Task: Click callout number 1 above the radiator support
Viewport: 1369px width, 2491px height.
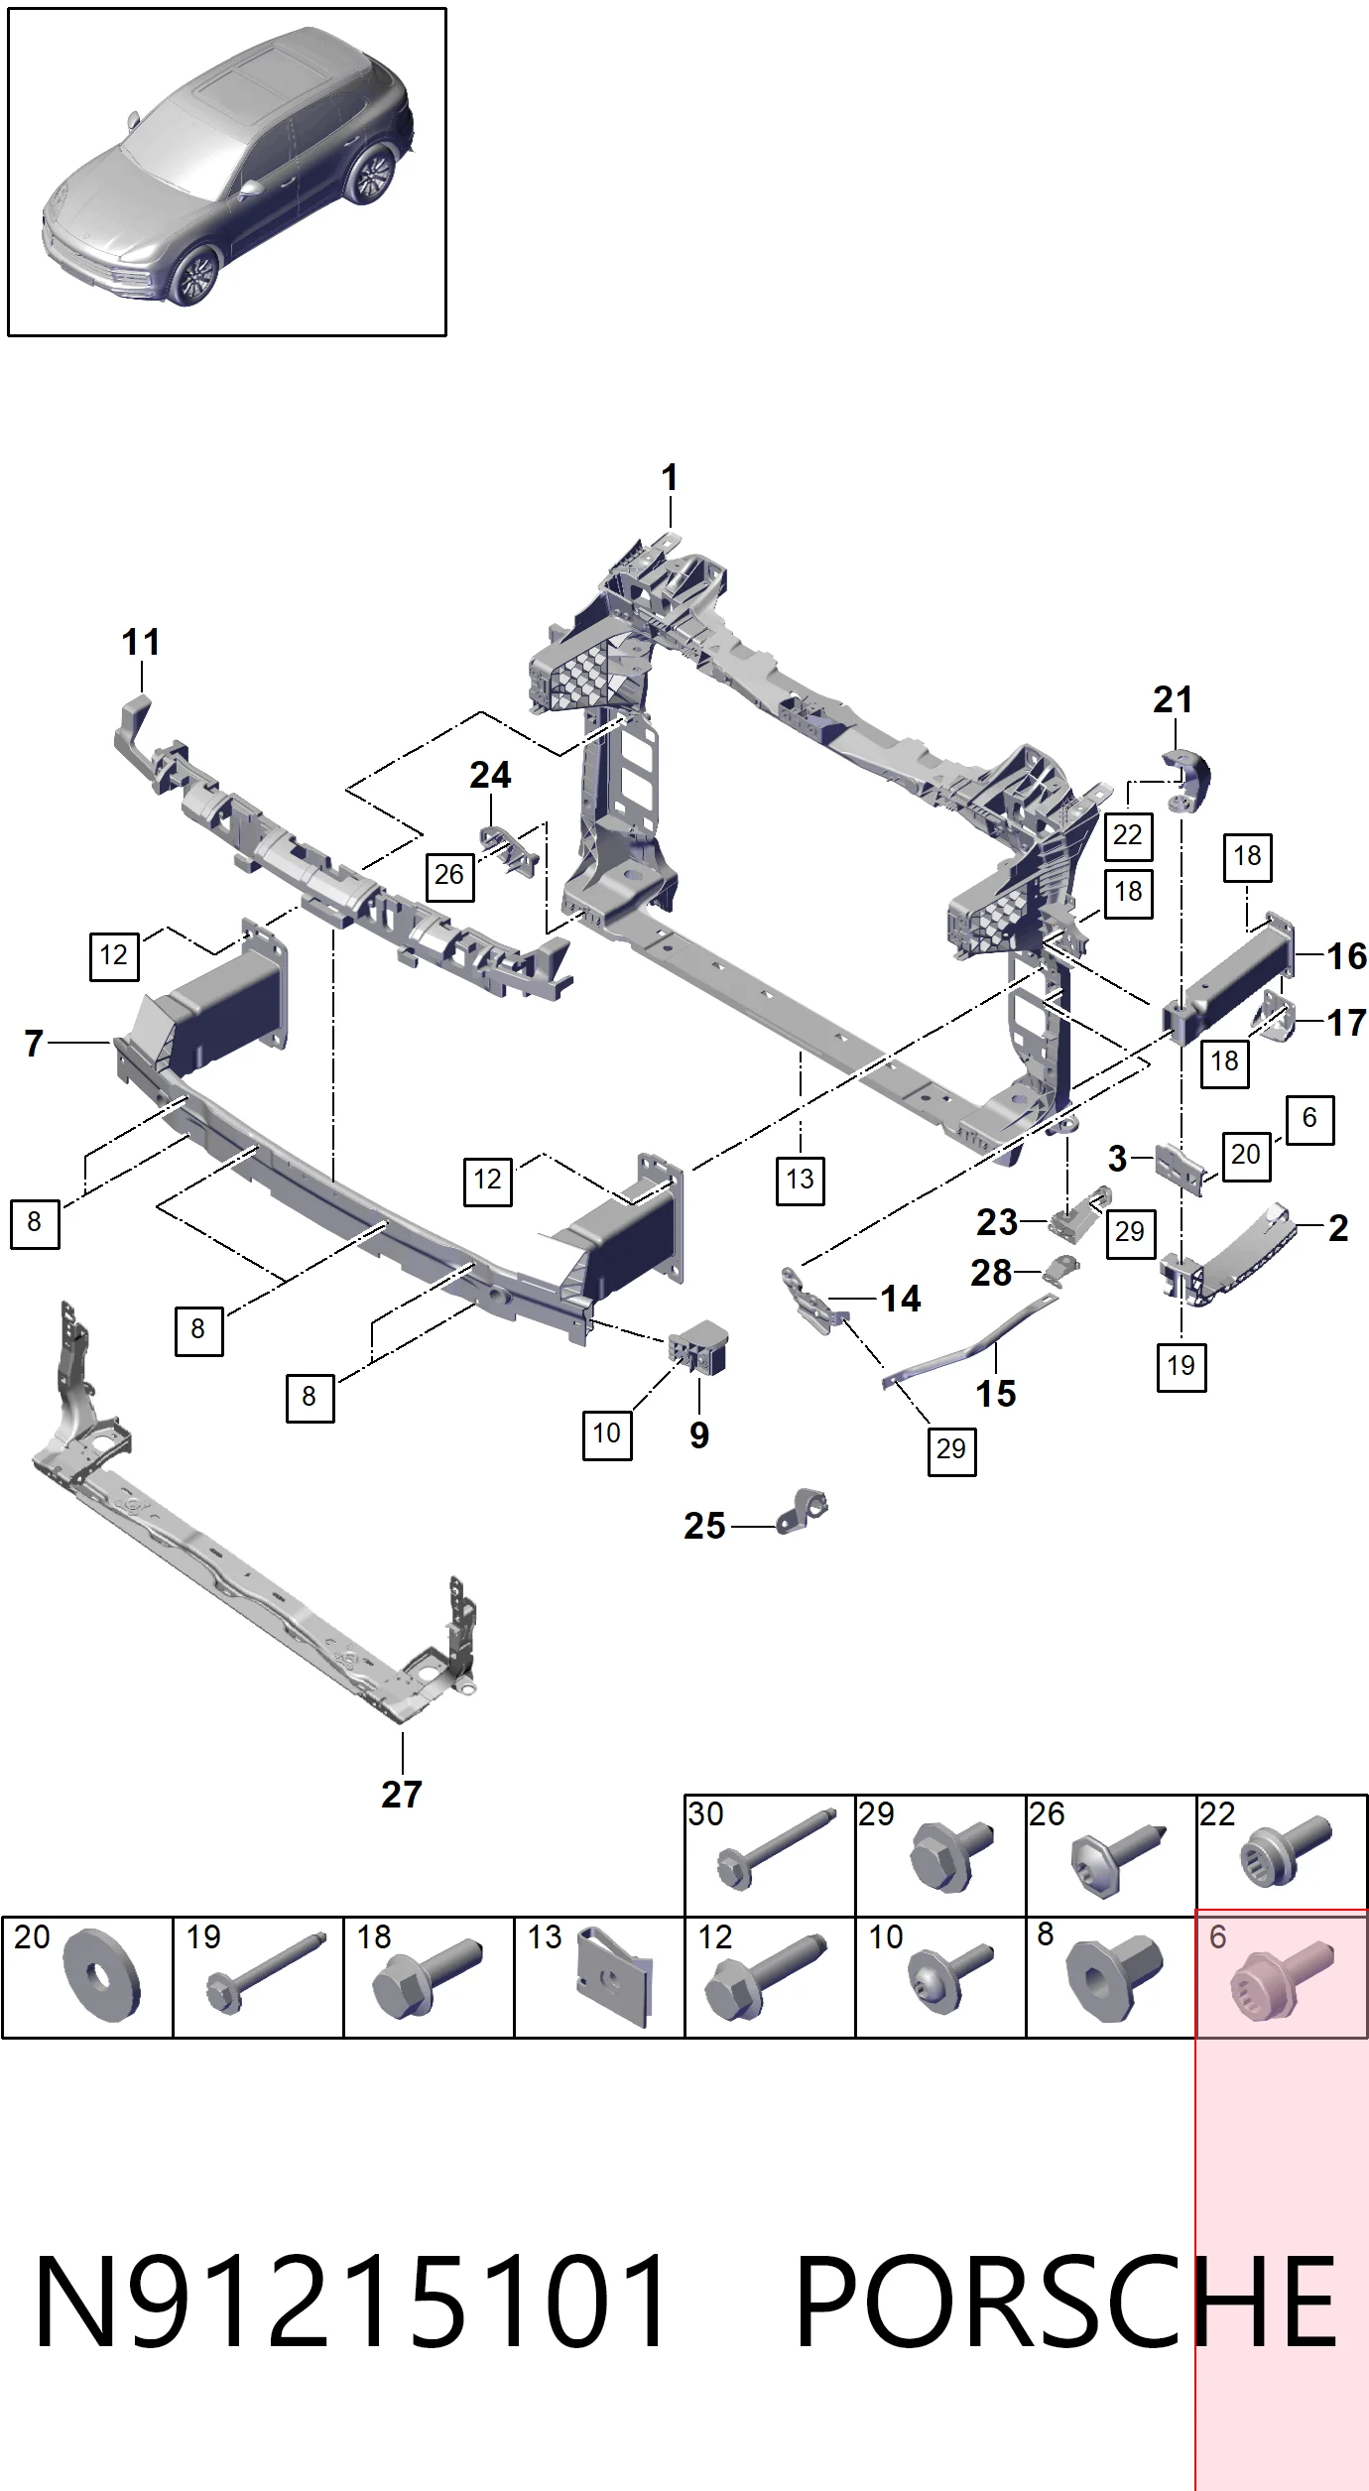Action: point(670,478)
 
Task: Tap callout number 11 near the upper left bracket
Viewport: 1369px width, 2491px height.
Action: point(141,642)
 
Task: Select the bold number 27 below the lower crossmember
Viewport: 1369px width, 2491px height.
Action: point(402,1794)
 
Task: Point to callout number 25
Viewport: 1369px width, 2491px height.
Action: point(704,1526)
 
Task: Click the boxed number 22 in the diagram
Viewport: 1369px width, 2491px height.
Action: point(1128,835)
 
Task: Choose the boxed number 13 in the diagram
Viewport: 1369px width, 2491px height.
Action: point(800,1180)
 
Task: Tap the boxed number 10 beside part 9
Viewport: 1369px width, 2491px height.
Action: point(606,1433)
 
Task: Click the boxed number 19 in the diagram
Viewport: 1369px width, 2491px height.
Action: point(1182,1366)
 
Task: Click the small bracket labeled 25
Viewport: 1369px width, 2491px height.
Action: point(802,1513)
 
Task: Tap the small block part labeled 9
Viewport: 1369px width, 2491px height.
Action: point(699,1347)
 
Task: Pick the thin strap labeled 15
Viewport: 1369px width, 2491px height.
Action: point(970,1339)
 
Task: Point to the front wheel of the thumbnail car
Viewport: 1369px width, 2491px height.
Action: point(192,277)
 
